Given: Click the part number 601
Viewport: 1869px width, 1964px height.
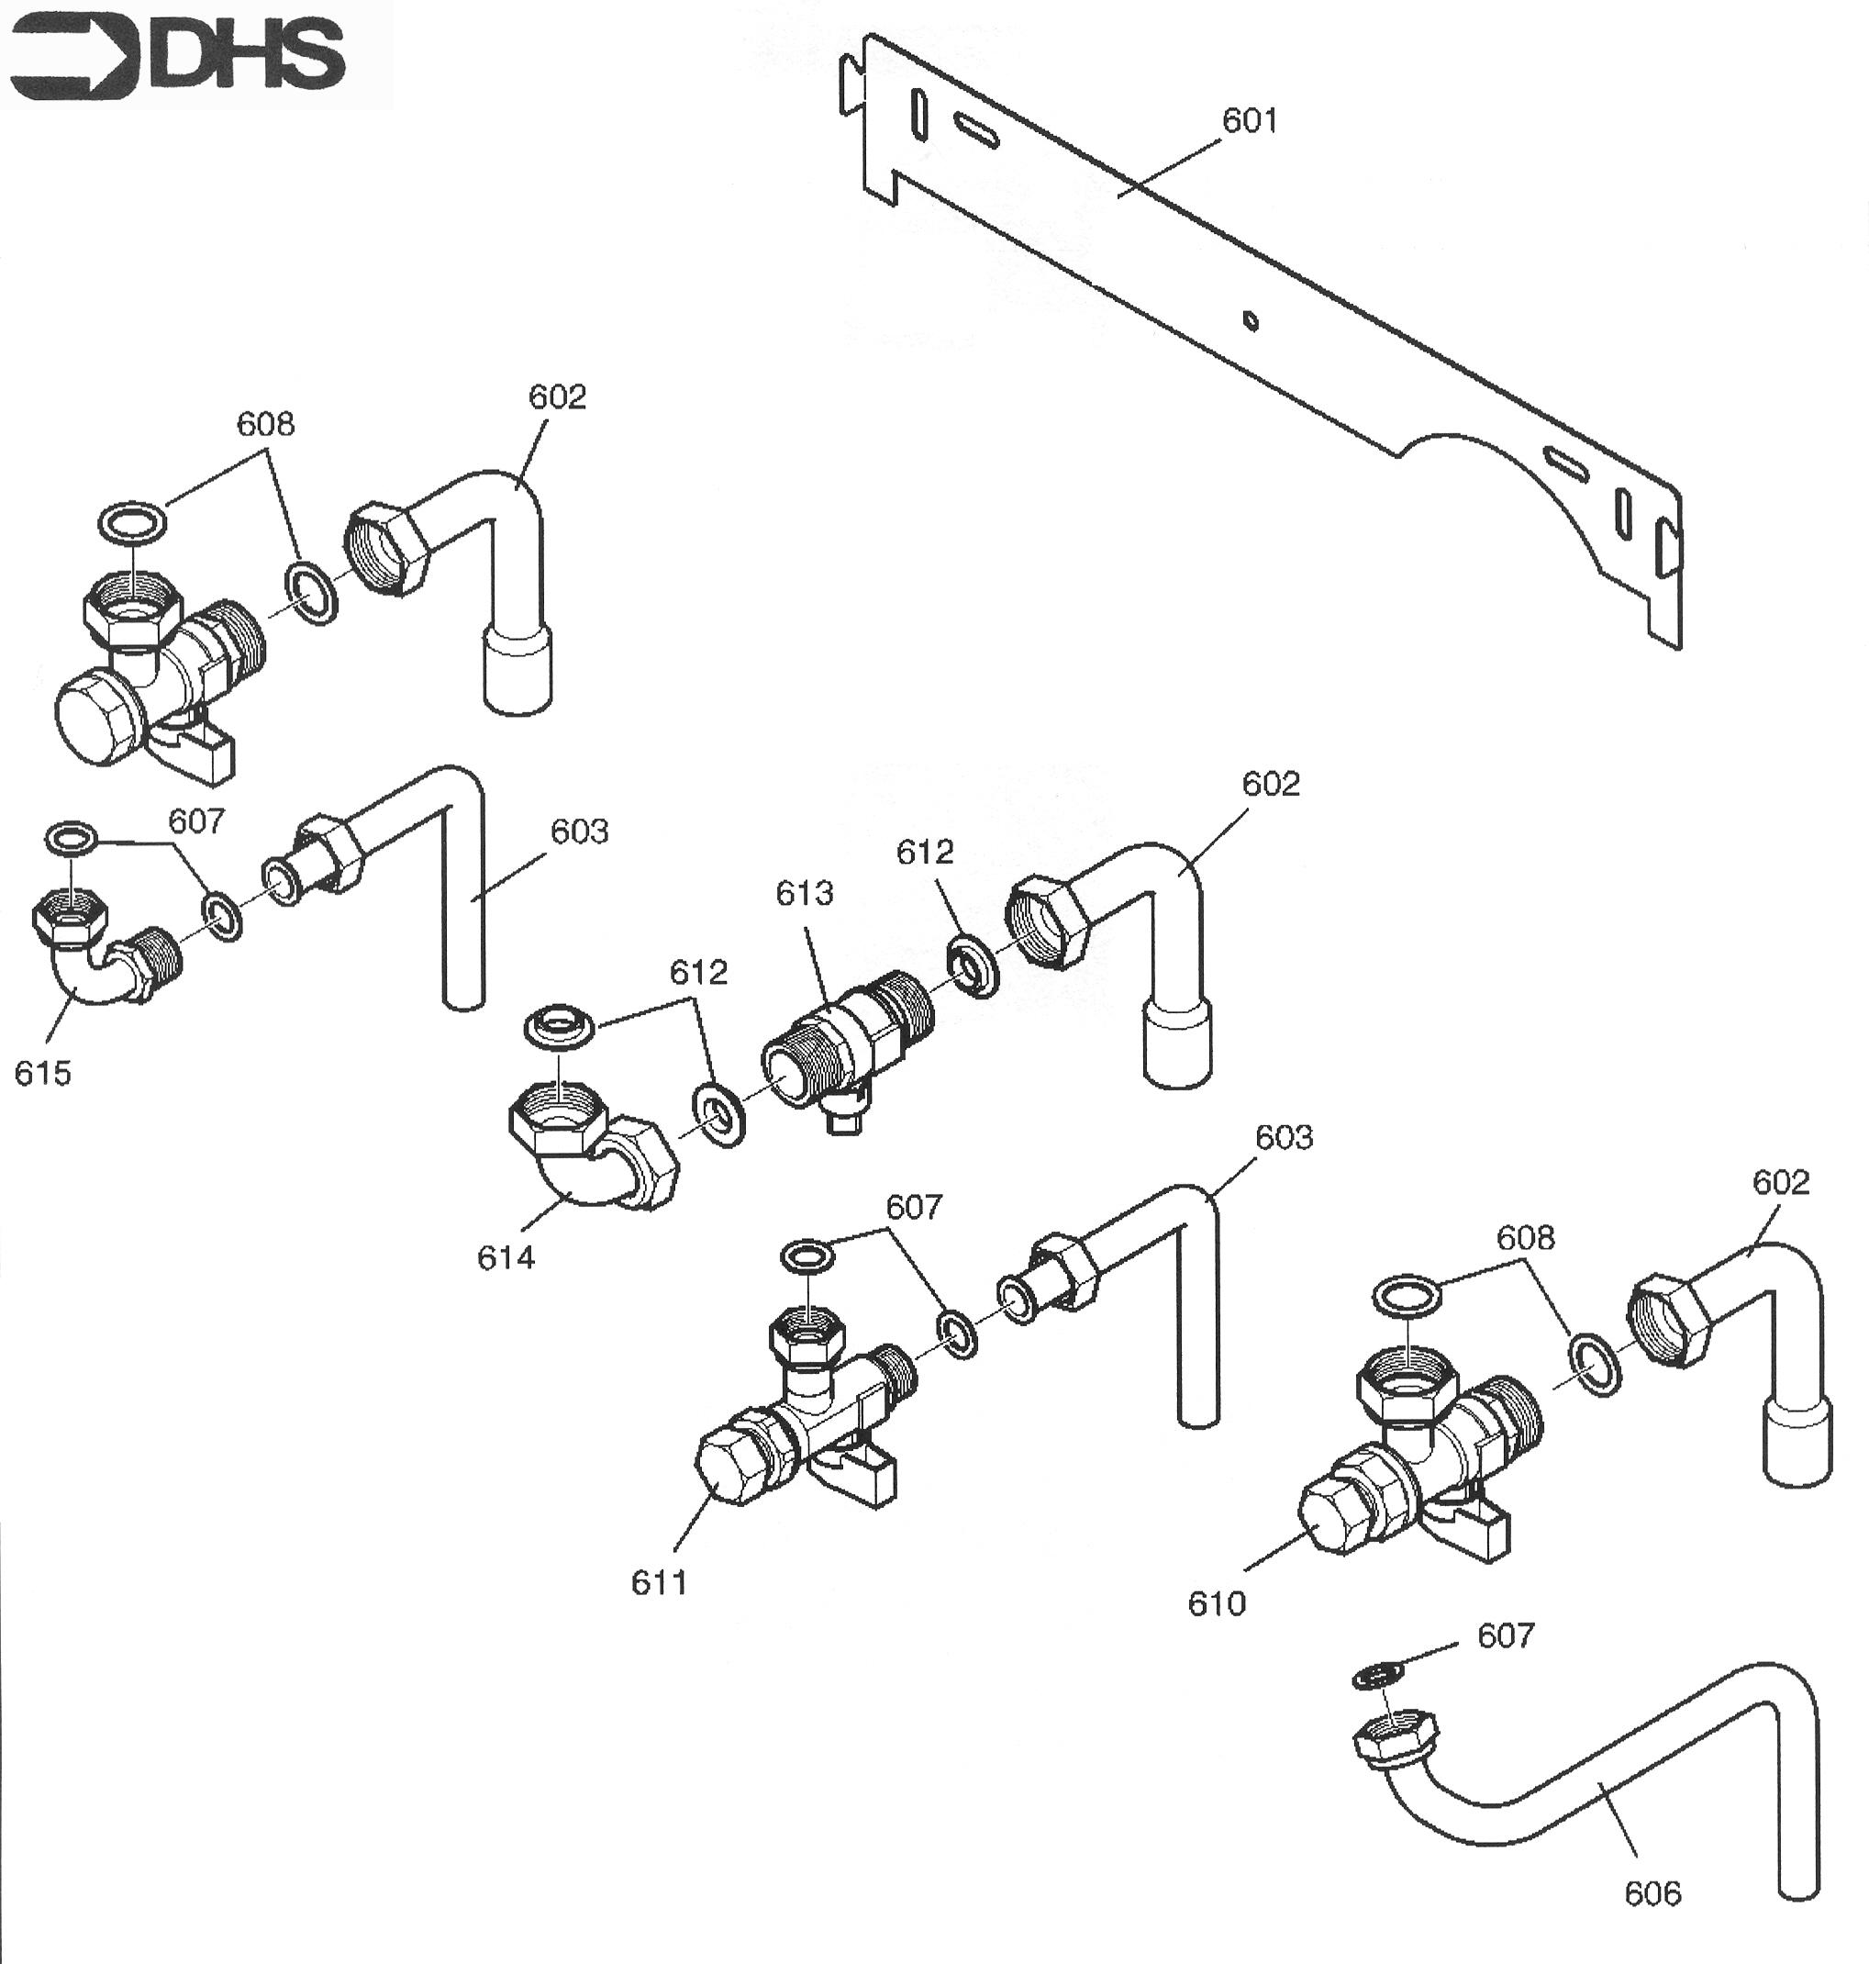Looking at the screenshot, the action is pos(1250,120).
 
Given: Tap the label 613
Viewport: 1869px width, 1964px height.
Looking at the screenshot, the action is pos(804,893).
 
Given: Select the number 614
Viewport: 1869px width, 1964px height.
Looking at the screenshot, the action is pos(506,1258).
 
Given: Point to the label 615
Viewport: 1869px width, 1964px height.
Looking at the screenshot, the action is pos(43,1073).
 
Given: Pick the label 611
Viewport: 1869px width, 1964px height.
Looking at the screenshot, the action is pos(660,1582).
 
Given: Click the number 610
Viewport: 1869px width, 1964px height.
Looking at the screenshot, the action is pos(1217,1603).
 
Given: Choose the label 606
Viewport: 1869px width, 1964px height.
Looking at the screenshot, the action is pos(1652,1892).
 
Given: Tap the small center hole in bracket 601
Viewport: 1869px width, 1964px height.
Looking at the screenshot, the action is pos(1252,321).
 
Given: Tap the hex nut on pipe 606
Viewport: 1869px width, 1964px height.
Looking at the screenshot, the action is pos(1395,1740).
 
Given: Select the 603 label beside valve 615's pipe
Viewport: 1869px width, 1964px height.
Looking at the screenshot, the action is pos(580,831).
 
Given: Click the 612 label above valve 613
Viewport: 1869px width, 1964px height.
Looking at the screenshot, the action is pos(925,852).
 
